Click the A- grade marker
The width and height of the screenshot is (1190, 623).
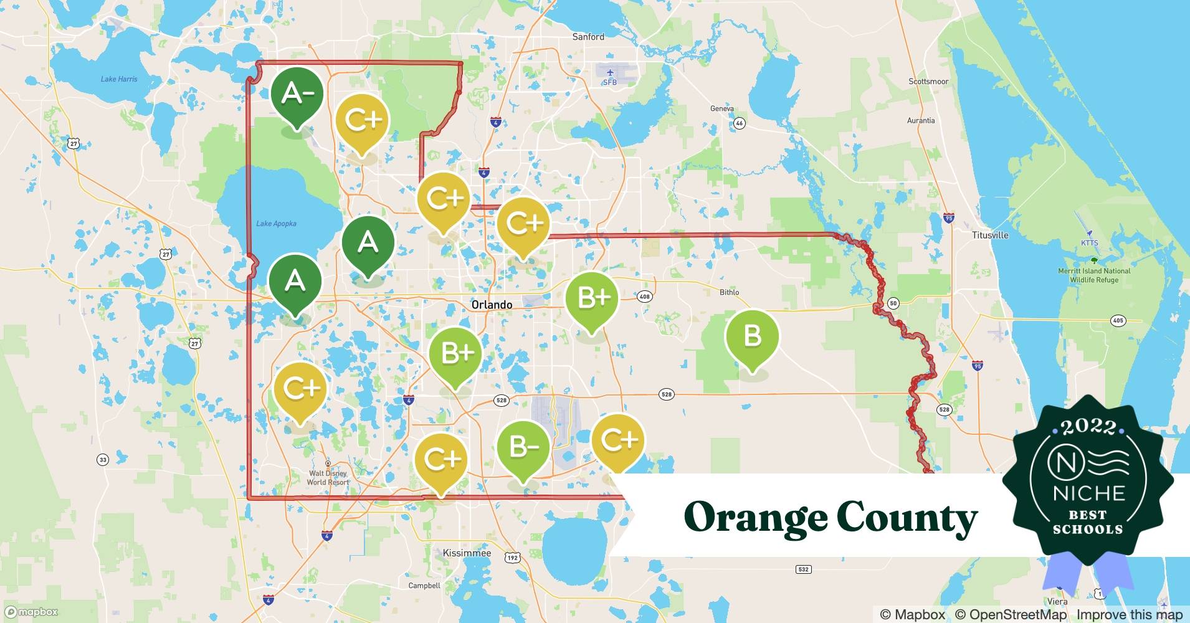point(297,95)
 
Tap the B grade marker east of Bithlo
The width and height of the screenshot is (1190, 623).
point(752,337)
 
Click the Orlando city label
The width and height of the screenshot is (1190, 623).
point(492,305)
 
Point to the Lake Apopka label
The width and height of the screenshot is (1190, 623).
point(276,224)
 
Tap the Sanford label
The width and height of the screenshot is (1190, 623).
point(588,37)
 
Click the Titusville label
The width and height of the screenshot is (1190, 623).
point(990,235)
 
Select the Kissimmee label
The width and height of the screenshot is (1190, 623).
point(467,553)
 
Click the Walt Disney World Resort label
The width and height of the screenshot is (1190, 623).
point(328,477)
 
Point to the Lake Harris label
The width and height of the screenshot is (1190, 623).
point(119,79)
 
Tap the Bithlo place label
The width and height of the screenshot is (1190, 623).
point(729,292)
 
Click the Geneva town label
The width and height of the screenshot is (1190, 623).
point(721,108)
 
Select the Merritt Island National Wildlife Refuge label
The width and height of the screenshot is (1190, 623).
point(1094,275)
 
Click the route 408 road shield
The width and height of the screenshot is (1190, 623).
point(644,297)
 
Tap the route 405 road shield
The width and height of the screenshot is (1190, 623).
point(1118,321)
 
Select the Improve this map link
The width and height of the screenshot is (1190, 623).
point(1129,614)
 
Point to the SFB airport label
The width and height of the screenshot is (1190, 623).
point(609,82)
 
